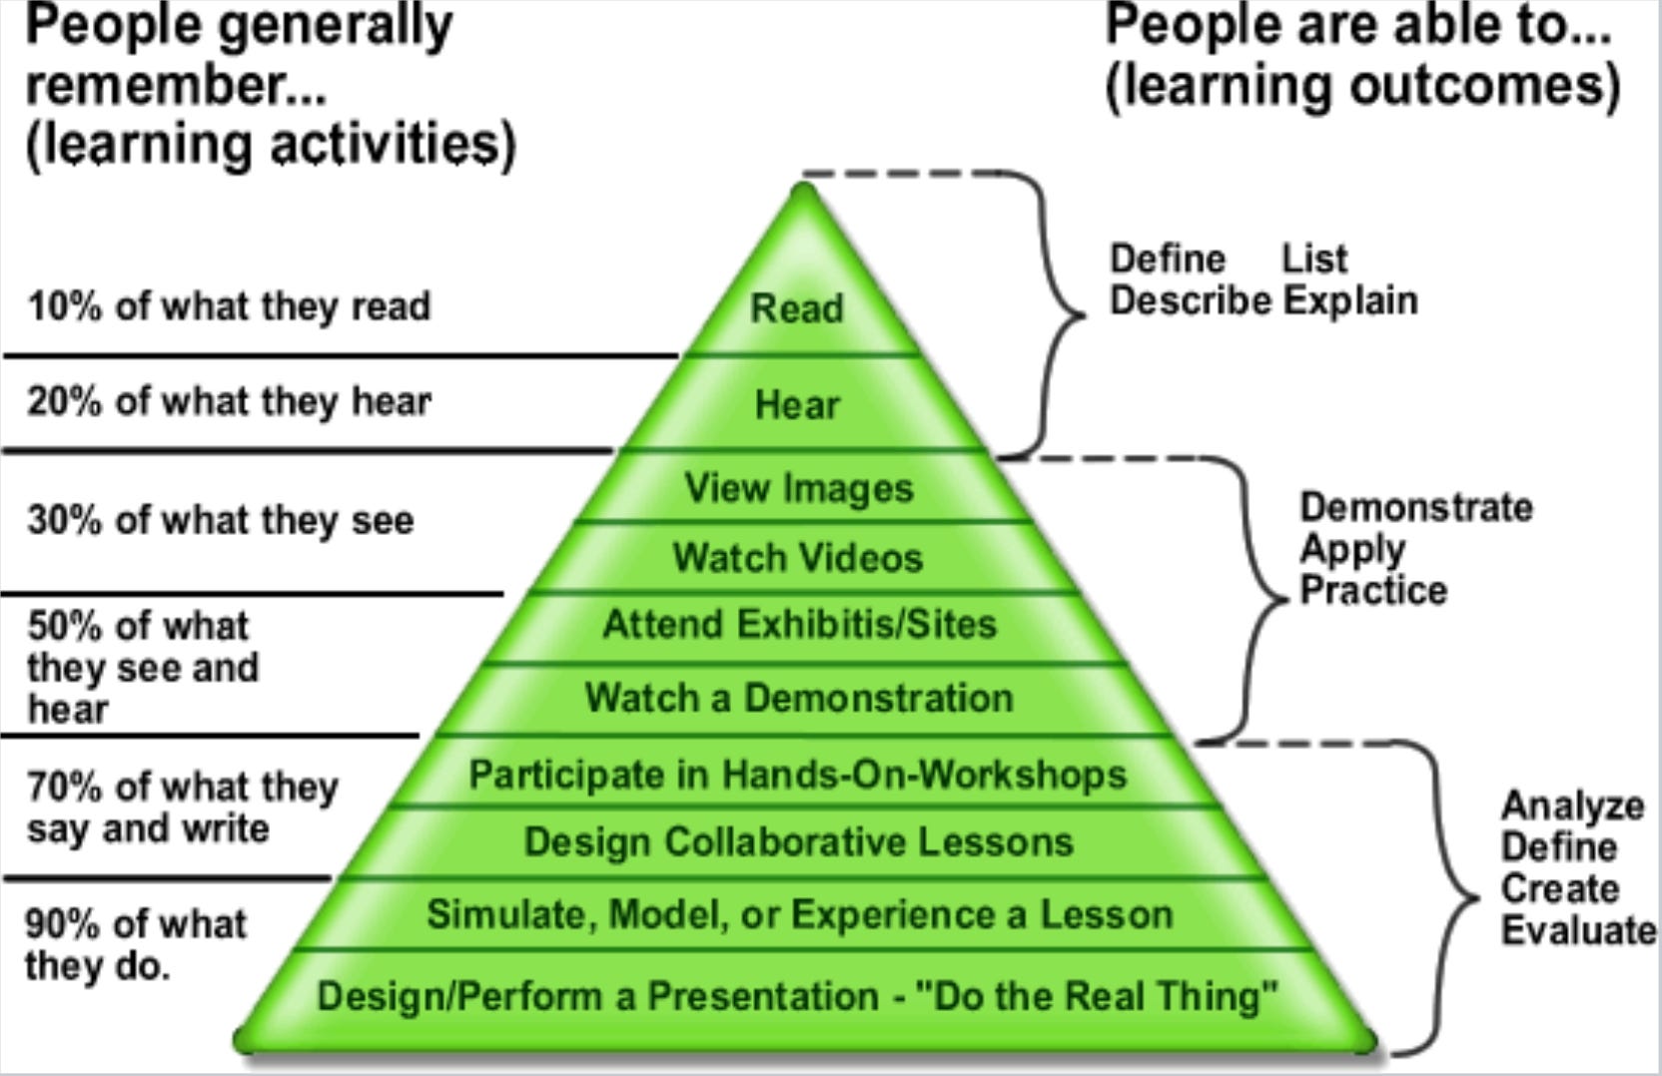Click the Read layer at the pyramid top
pos(797,307)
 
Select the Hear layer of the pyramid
pos(797,404)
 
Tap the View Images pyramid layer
pos(799,488)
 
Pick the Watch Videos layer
pos(797,557)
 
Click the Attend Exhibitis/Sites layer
pos(799,624)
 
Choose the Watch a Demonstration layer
pos(799,697)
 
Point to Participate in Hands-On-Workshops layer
pos(797,775)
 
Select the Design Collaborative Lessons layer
pos(798,841)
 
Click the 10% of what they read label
pos(229,306)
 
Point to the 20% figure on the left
pos(64,401)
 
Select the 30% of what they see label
pos(220,520)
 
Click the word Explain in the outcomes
pos(1350,300)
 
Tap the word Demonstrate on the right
pos(1416,507)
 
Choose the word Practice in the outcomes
pos(1373,590)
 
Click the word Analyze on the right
pos(1573,806)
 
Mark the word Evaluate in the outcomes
pos(1578,930)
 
